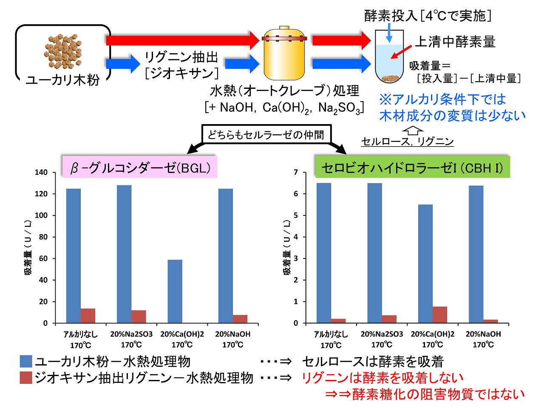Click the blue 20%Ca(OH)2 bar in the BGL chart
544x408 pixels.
[175, 292]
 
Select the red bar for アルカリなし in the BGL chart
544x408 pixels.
[88, 316]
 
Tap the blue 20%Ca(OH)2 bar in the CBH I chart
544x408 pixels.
[425, 263]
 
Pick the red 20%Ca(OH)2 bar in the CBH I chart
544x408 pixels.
[440, 315]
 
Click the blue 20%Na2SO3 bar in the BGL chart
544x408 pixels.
[124, 254]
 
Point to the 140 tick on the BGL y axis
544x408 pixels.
[41, 173]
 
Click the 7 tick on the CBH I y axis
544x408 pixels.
[296, 173]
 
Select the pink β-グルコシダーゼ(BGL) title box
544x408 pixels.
[139, 167]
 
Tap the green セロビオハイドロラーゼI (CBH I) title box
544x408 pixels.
[412, 167]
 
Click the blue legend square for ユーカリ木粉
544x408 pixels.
[26, 362]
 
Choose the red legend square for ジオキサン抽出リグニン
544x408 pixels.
[26, 378]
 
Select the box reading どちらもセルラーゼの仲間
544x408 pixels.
[266, 135]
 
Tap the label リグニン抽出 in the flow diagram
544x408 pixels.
[181, 57]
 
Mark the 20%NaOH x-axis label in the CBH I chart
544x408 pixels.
[483, 339]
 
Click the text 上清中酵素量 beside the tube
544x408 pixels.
[455, 42]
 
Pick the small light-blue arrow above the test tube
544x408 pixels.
[388, 34]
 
